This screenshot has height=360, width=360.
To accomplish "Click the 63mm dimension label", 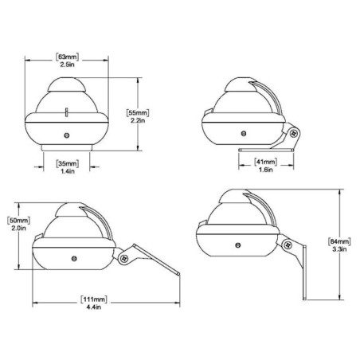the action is [67, 57].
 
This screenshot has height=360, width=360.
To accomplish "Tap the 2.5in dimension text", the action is [67, 65].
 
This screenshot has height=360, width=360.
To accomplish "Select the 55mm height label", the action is [138, 112].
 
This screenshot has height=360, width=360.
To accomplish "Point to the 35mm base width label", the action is [67, 163].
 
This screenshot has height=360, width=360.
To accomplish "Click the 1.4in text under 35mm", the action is [68, 171].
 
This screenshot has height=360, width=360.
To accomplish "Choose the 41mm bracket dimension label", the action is [265, 162].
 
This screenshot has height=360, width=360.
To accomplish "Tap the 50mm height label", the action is [18, 221].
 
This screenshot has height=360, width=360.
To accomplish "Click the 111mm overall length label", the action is [94, 299].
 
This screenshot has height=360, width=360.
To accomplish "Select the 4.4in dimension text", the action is [94, 307].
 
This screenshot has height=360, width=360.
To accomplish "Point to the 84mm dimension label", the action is [339, 241].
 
